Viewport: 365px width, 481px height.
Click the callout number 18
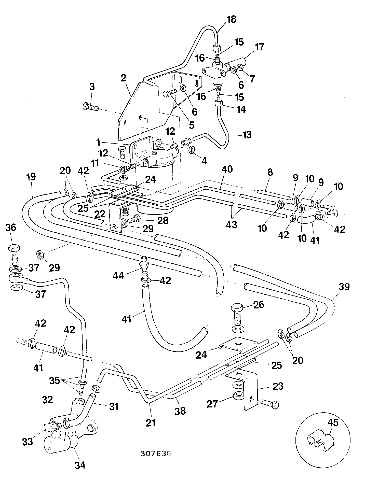(231, 20)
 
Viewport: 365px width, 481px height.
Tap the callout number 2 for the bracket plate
(124, 78)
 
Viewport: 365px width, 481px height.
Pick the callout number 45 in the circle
(333, 423)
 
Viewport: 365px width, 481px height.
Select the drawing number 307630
(156, 454)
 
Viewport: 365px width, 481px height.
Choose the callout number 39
(344, 287)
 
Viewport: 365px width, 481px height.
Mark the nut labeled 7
(240, 67)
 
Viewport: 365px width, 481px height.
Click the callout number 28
(163, 220)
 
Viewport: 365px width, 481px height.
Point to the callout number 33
(28, 442)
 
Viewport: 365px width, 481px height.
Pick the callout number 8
(270, 172)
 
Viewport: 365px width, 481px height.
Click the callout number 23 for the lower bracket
(278, 386)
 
